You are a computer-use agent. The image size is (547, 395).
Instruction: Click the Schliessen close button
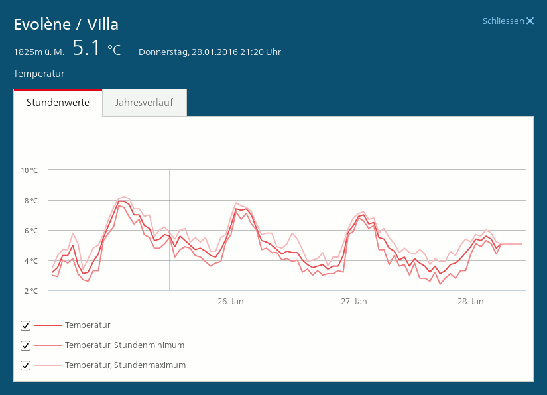[509, 21]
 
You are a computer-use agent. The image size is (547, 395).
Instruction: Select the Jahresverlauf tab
[144, 103]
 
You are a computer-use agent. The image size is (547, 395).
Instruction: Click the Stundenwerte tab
[58, 103]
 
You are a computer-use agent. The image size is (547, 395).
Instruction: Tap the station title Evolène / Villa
[66, 25]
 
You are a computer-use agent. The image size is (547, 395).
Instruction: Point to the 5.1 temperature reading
[86, 48]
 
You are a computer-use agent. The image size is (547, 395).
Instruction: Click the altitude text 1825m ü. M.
[38, 52]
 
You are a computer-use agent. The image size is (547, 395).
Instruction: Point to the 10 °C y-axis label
[30, 170]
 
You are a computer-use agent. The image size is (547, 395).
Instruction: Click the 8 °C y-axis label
[31, 201]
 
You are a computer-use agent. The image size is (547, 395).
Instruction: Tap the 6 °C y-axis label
[31, 231]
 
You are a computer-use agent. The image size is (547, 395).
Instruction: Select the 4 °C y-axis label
[31, 261]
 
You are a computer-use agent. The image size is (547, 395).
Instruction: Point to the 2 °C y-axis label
[31, 291]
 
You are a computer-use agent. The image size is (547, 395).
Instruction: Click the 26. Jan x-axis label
[231, 302]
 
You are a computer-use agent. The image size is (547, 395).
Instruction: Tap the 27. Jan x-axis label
[353, 302]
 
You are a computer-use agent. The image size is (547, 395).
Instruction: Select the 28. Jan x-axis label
[470, 302]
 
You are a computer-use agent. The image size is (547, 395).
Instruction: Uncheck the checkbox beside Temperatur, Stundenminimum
[26, 345]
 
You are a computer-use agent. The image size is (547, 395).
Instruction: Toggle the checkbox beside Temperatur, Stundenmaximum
[26, 365]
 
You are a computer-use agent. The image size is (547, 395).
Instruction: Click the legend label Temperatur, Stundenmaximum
[125, 365]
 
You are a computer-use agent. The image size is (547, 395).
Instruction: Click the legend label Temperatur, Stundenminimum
[125, 345]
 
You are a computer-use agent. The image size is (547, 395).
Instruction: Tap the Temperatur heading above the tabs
[38, 74]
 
